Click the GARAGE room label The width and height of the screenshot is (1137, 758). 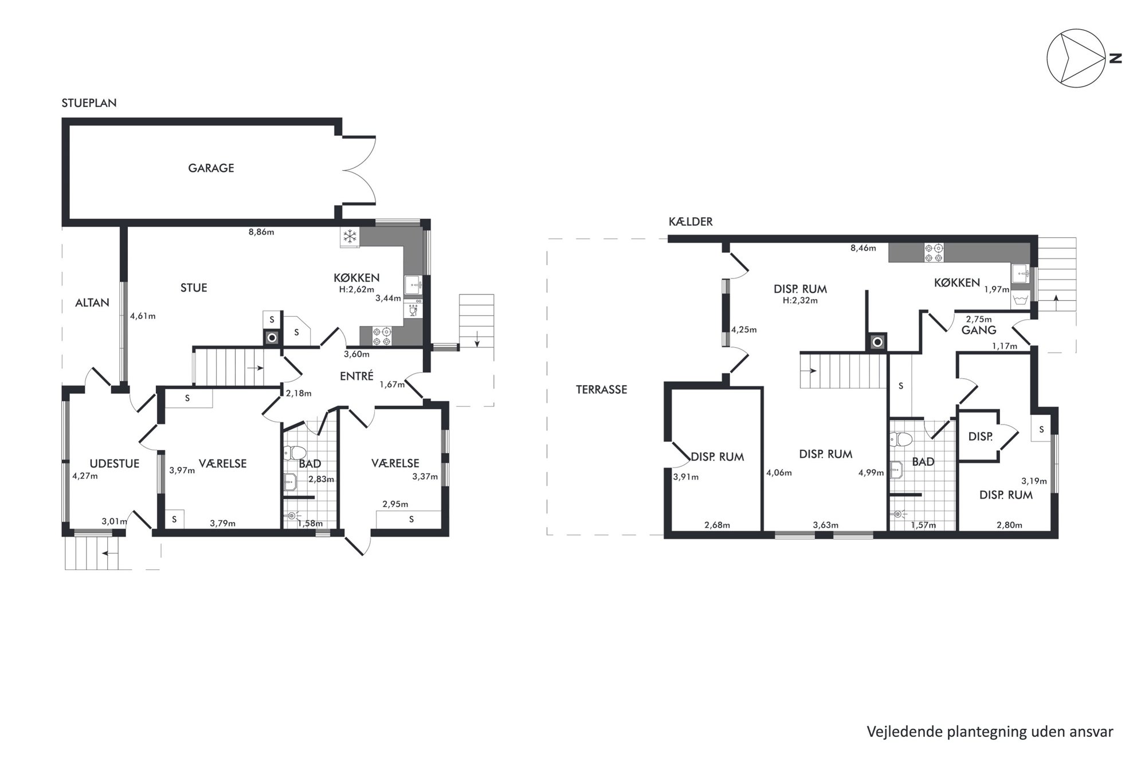(211, 168)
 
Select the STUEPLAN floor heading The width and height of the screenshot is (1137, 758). (89, 103)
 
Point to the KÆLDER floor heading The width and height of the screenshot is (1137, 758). (691, 222)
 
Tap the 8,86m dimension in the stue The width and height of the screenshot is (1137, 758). (261, 232)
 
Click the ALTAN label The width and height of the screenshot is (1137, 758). (92, 303)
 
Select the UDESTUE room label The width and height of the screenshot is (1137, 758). (115, 464)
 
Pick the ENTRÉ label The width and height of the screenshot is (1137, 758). (356, 376)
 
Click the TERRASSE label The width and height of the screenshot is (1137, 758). (602, 390)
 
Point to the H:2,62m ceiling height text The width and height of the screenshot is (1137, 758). (356, 290)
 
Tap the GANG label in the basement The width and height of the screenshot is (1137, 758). (979, 330)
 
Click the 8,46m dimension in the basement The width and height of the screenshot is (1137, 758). (864, 248)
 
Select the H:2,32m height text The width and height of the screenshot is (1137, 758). (801, 300)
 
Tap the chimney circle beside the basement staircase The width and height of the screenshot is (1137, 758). (877, 343)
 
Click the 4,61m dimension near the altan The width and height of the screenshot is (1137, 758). (143, 316)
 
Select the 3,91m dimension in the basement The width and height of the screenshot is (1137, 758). (686, 477)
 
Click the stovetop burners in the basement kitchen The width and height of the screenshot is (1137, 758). (933, 253)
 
